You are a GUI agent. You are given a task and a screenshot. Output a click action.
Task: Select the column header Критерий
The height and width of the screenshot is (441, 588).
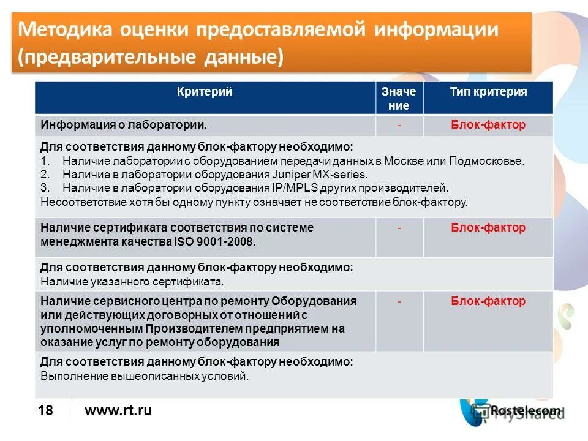[205, 92]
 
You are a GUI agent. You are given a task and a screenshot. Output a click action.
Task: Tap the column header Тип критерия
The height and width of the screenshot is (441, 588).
[488, 92]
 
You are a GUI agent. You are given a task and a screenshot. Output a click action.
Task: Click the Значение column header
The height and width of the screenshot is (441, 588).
[399, 98]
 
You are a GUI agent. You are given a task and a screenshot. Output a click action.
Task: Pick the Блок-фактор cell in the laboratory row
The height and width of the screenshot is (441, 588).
[488, 125]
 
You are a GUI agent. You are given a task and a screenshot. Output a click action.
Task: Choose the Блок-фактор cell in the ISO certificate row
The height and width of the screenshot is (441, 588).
[488, 228]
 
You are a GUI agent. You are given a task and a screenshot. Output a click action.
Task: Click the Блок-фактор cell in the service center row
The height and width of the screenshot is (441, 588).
[488, 301]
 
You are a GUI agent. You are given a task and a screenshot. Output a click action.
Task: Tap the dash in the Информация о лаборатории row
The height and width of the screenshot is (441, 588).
[399, 125]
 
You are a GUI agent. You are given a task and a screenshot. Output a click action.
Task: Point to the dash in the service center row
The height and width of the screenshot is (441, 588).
[399, 301]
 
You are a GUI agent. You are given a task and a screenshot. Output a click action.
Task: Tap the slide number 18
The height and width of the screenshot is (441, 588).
[45, 411]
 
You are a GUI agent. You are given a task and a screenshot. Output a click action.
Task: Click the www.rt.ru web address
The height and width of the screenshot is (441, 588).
[118, 411]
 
